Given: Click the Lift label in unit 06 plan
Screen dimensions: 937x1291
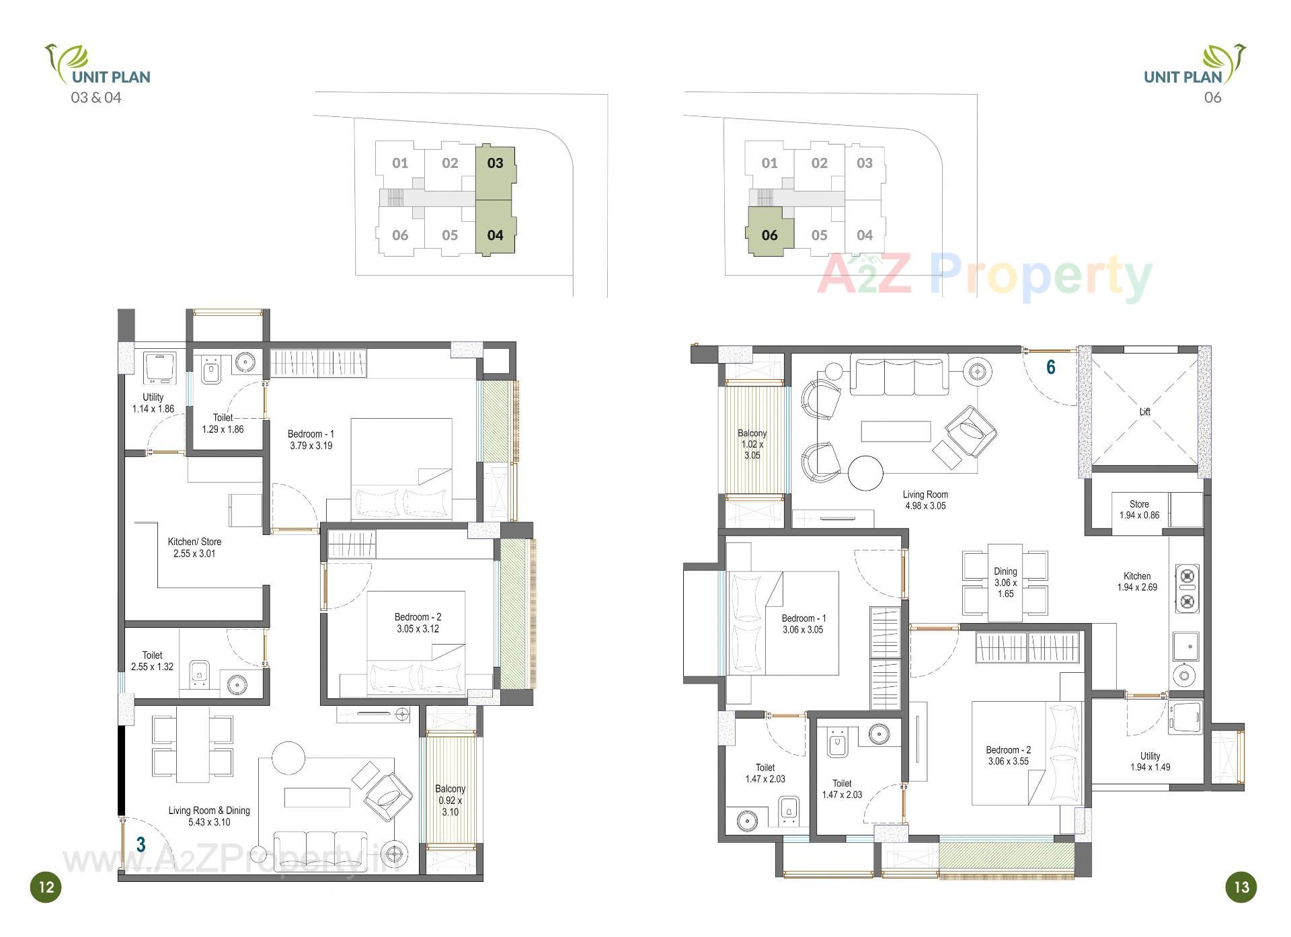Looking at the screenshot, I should click(x=1144, y=411).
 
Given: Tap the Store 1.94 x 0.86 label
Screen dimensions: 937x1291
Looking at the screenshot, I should click(x=1139, y=510).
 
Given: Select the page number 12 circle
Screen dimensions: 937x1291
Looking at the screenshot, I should click(x=46, y=887).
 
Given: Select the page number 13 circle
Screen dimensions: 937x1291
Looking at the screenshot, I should click(x=1241, y=887).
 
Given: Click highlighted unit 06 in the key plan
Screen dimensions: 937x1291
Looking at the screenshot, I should click(x=770, y=235).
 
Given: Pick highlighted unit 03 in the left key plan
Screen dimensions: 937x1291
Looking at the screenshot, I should click(x=496, y=163).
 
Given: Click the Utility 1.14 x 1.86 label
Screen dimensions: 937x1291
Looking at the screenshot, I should click(x=153, y=403).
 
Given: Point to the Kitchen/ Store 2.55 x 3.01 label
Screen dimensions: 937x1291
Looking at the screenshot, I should click(x=194, y=547).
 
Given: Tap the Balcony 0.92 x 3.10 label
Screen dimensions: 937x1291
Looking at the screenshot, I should click(x=450, y=800).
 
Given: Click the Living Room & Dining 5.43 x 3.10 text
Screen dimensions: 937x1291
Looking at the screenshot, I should click(x=209, y=816).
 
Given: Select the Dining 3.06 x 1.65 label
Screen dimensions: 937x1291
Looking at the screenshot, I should click(x=1005, y=582).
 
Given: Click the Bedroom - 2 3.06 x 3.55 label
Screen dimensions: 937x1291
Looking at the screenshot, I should click(x=1008, y=756).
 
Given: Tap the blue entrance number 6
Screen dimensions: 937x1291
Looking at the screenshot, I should click(x=1050, y=367).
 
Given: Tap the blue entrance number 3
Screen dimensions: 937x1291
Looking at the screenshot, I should click(x=141, y=844).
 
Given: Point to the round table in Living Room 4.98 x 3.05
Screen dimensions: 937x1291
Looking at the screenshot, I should click(x=865, y=473).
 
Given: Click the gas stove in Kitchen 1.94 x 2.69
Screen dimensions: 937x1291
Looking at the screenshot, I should click(x=1187, y=588).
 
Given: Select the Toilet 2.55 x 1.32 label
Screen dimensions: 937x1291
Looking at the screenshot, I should click(x=153, y=661).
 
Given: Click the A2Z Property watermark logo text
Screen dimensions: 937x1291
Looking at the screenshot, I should click(x=984, y=276).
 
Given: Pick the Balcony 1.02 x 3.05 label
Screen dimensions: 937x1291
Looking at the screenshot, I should click(x=752, y=444).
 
